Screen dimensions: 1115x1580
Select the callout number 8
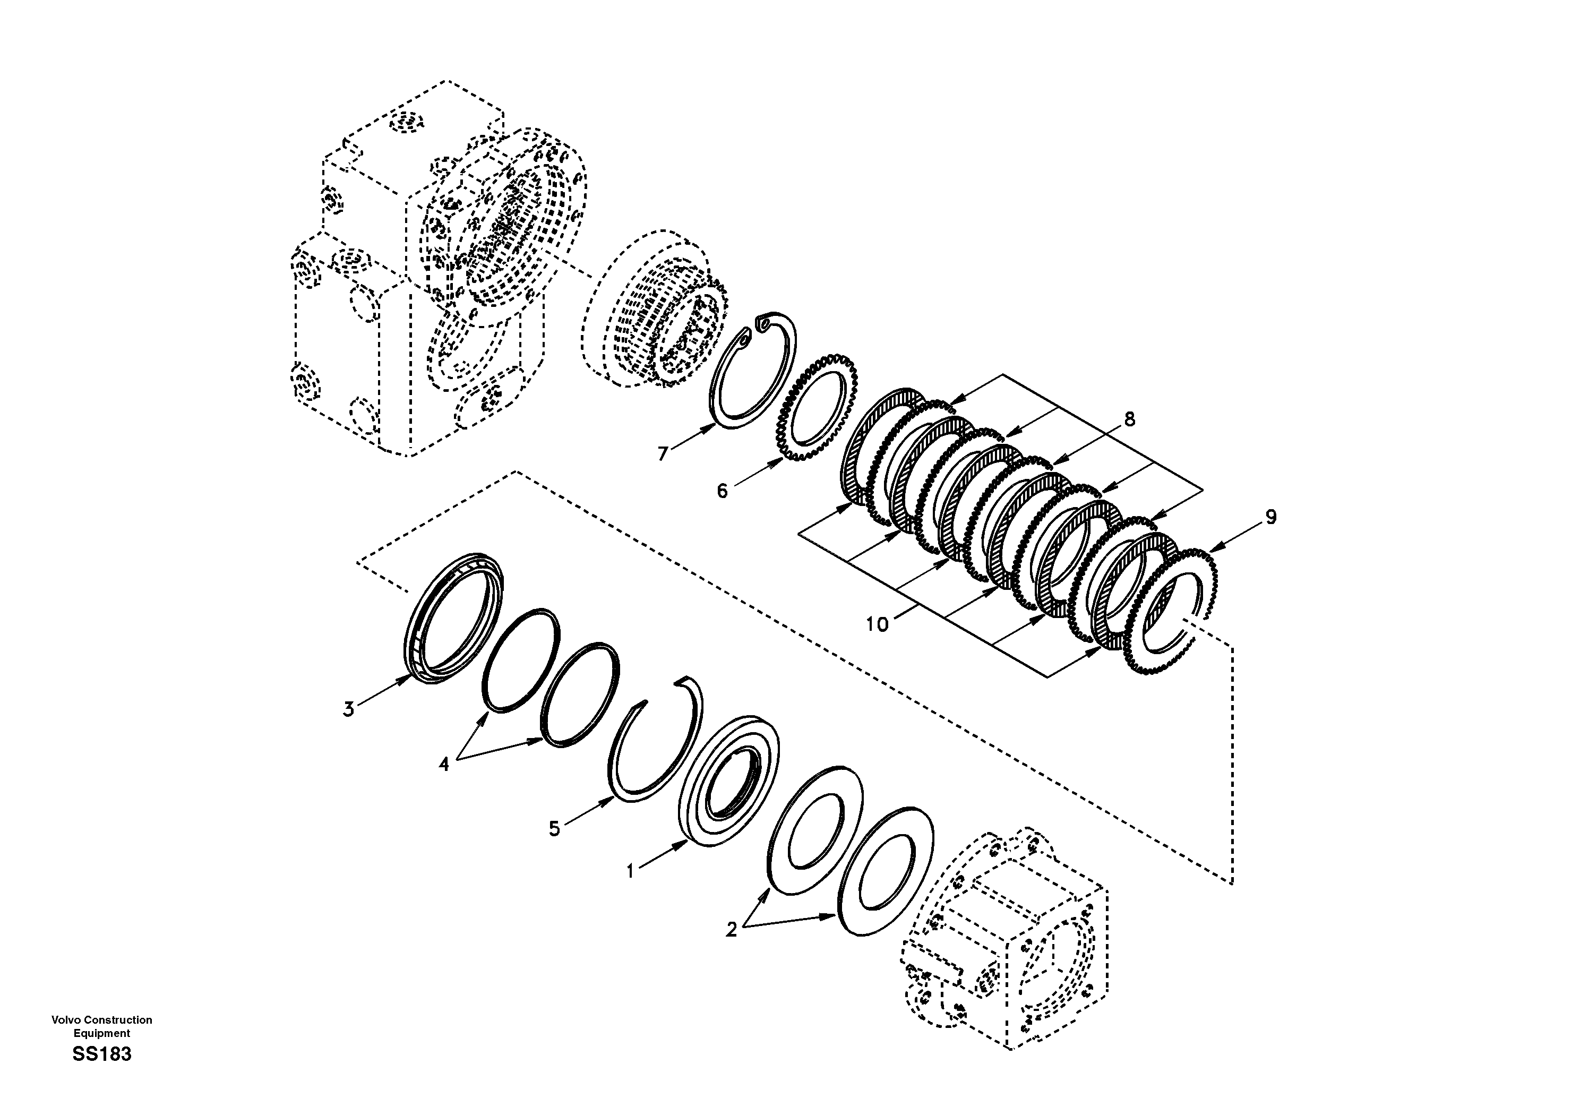[1129, 419]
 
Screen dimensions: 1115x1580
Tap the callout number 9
[1271, 517]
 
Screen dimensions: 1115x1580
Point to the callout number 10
[878, 624]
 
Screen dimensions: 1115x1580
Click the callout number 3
[349, 709]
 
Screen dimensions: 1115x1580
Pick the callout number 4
[444, 764]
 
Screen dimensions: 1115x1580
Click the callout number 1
[629, 871]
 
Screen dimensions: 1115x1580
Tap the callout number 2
[731, 930]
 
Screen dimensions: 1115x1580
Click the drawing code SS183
[102, 1054]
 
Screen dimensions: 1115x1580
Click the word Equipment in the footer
[102, 1033]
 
